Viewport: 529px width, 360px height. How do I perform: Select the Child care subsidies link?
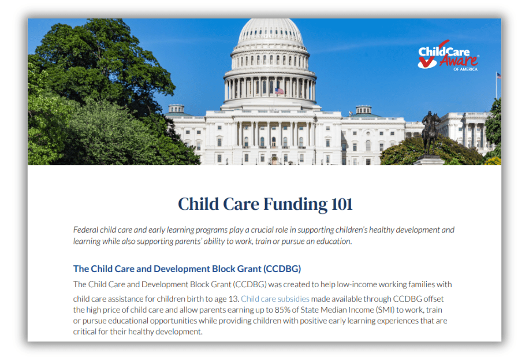(275, 299)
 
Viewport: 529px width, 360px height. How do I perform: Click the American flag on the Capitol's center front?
(280, 91)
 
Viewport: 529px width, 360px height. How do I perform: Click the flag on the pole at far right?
(498, 76)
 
